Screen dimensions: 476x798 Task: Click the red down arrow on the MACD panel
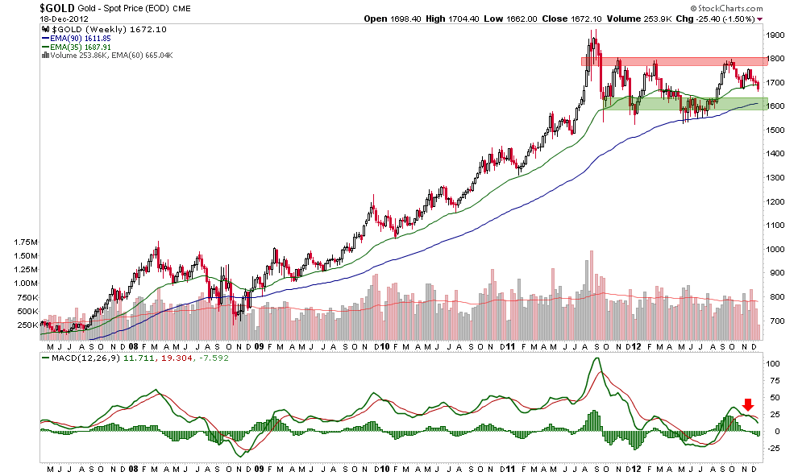748,404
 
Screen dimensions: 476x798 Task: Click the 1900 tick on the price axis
776,35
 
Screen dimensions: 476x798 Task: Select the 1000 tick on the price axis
776,250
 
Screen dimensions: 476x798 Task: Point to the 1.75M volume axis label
26,242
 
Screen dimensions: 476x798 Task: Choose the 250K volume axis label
26,325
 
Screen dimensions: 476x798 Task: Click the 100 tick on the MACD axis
773,363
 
